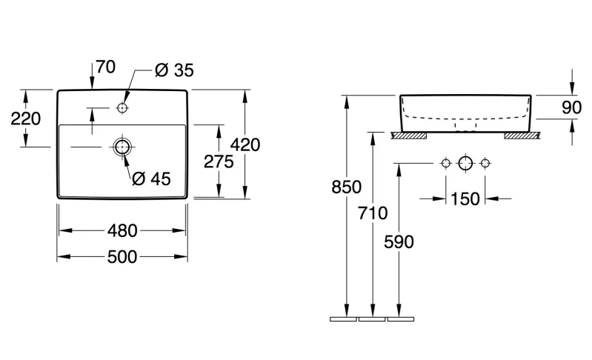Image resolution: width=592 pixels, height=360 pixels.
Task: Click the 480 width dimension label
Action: click(x=122, y=230)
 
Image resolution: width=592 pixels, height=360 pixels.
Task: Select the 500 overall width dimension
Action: click(x=122, y=257)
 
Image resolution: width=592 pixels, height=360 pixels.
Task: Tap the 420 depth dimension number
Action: click(x=245, y=145)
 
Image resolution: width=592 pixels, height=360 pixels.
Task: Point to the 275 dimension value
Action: click(x=219, y=162)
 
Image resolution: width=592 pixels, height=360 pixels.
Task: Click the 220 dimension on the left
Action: click(x=26, y=119)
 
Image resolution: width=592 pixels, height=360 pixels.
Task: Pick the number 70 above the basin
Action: click(x=105, y=67)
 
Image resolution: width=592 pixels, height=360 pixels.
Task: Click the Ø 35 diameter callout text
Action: click(x=174, y=70)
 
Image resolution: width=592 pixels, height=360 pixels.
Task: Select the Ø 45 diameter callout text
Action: click(x=151, y=179)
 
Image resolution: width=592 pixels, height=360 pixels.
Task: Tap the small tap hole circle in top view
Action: click(x=122, y=108)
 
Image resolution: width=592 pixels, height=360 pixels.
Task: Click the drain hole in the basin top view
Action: click(x=122, y=147)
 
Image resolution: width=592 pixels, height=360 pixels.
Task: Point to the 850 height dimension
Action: click(x=346, y=187)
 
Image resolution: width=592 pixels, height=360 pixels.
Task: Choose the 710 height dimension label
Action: click(x=373, y=213)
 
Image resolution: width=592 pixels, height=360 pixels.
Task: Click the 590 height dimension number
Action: click(x=399, y=242)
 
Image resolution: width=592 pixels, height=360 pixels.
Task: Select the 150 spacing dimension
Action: click(x=465, y=199)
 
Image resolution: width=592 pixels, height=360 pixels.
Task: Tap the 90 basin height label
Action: click(x=571, y=108)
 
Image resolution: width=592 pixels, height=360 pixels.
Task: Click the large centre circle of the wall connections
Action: click(x=465, y=164)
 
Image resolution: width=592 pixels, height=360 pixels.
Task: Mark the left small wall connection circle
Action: click(x=446, y=164)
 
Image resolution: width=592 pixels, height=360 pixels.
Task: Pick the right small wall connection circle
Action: click(x=485, y=164)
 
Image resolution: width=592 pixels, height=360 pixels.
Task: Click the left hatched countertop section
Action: click(x=408, y=136)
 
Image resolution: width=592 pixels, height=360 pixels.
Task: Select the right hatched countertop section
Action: click(x=522, y=136)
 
